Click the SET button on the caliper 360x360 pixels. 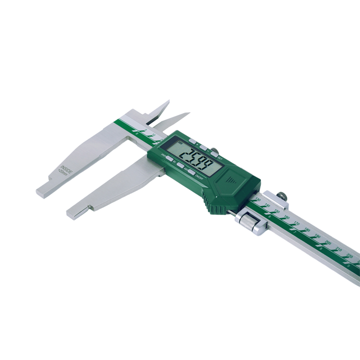(214, 154)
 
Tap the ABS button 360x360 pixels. (180, 165)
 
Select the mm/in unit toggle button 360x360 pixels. (170, 158)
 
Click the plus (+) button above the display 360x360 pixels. (193, 141)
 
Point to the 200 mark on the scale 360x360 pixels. (328, 243)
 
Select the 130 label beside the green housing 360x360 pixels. (258, 199)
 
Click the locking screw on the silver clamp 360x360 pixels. (282, 196)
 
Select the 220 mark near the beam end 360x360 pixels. (350, 256)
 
